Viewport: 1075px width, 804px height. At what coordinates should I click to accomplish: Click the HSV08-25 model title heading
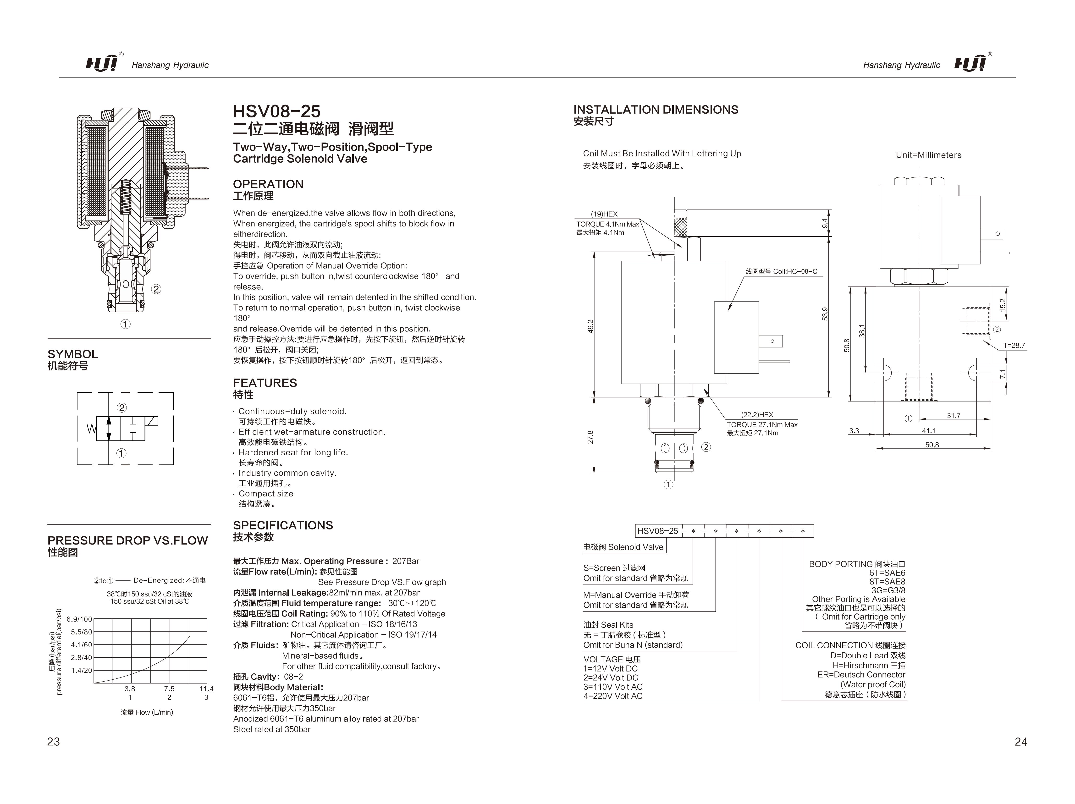click(x=276, y=111)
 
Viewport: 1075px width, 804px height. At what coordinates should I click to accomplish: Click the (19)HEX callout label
click(x=604, y=214)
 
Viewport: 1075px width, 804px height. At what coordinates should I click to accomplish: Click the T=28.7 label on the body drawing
click(x=1014, y=346)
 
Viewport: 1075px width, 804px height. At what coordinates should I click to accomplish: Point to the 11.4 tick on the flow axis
click(x=206, y=689)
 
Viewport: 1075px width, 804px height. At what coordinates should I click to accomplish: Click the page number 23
click(x=54, y=742)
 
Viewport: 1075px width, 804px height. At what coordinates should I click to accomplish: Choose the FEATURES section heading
click(x=265, y=383)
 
